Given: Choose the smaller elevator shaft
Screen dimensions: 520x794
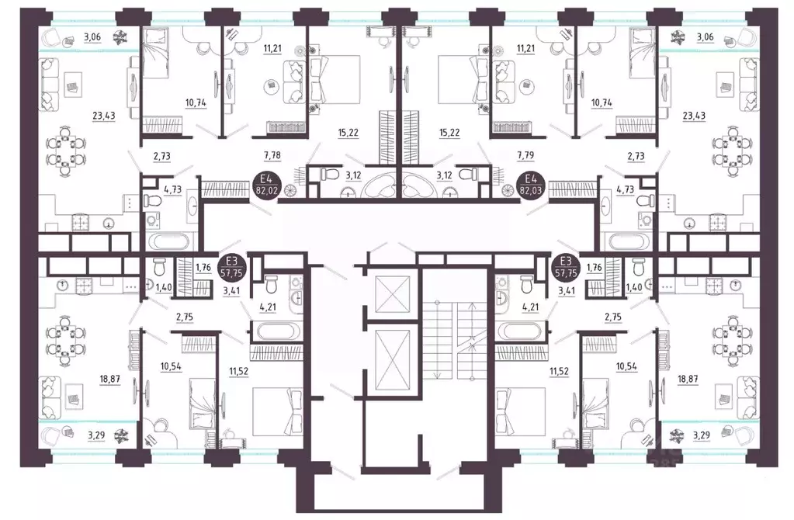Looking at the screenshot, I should click(387, 293).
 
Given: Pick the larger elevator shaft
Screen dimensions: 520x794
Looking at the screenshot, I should click(387, 356).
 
